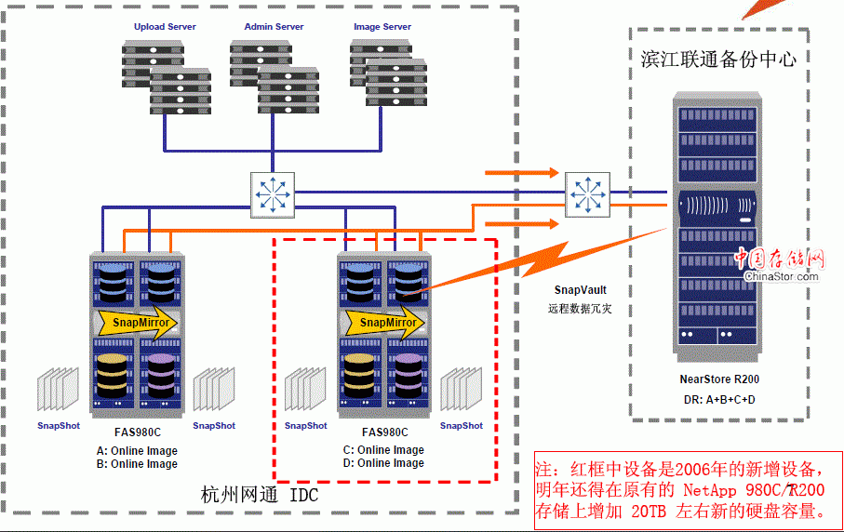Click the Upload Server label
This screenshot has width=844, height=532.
click(x=165, y=27)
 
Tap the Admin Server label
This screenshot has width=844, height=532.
click(x=271, y=27)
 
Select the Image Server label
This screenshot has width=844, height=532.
click(x=382, y=27)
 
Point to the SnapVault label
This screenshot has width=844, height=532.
click(x=580, y=291)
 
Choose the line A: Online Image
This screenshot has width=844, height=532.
click(x=137, y=451)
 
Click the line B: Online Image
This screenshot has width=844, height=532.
click(x=137, y=464)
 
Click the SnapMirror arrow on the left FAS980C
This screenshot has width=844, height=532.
click(x=137, y=323)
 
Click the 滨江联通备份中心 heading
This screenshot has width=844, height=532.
click(x=718, y=59)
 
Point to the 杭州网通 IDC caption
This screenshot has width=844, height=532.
click(x=260, y=495)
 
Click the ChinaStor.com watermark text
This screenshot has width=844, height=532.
click(x=782, y=275)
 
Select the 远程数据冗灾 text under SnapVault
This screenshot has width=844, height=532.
click(x=580, y=308)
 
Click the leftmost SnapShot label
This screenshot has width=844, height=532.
click(x=58, y=426)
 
